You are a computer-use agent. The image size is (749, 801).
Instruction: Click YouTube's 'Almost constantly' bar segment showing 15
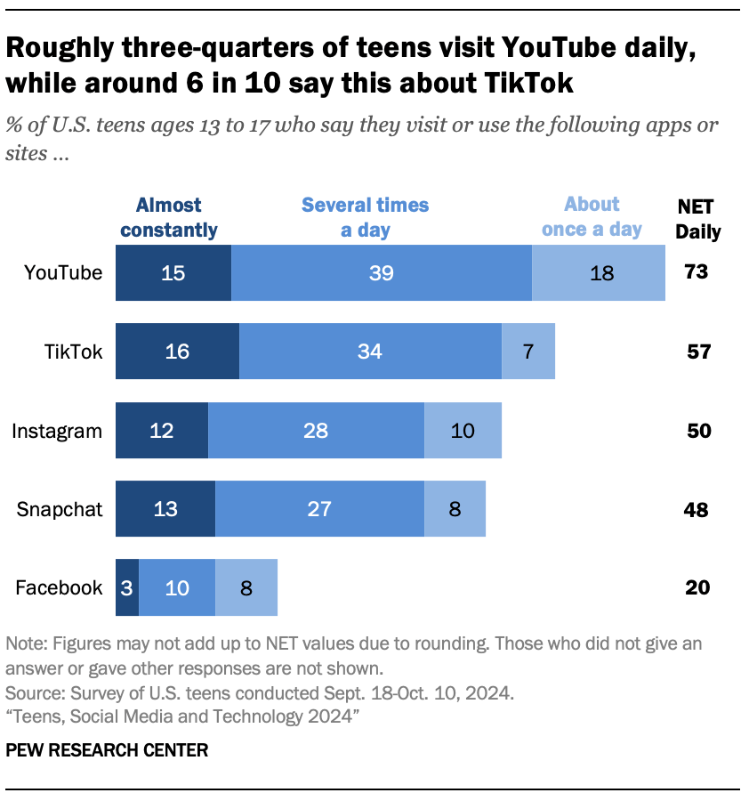point(173,273)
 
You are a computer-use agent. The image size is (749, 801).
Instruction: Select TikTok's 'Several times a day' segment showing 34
point(370,352)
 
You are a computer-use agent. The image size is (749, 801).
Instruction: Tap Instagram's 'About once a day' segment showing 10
point(463,431)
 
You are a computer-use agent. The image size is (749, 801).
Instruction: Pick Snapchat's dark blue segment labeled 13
point(165,509)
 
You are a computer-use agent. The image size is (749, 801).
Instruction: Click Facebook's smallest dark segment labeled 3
point(127,587)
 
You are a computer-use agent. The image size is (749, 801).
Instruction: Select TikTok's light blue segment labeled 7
point(528,352)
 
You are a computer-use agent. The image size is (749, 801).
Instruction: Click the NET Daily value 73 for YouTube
point(697,272)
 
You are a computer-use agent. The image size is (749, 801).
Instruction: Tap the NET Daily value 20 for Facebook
point(697,587)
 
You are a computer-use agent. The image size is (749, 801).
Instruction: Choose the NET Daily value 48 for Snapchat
point(697,510)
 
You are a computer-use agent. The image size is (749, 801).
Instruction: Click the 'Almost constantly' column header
point(169,217)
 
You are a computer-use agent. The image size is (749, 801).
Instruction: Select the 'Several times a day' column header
point(365,217)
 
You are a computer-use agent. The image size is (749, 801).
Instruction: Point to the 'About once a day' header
point(592,216)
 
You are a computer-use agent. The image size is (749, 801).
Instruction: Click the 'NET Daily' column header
point(697,219)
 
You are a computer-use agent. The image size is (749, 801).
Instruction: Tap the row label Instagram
point(57,432)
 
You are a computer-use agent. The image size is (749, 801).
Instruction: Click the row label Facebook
point(60,588)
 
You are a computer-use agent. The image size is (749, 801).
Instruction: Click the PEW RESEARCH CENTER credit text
point(107,750)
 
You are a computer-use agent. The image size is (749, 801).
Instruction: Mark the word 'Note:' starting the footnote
point(27,643)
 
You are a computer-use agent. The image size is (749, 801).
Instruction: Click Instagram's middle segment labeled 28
point(316,431)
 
